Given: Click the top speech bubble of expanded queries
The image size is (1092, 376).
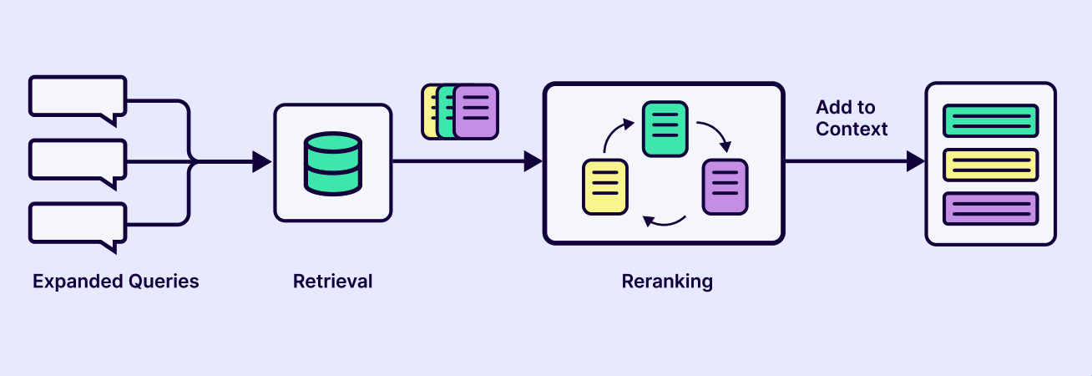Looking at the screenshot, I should coord(77,96).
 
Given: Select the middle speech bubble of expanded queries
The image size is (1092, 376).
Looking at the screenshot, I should coord(77,159).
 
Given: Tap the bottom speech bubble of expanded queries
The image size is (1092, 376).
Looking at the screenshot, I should coord(77,222).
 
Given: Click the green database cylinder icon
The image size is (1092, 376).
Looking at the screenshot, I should coord(332,163).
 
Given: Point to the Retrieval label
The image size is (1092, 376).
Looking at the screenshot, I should coord(332,282).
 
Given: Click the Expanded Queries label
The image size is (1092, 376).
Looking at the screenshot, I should coord(116,282).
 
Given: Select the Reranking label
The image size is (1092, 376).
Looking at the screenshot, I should coord(667,282).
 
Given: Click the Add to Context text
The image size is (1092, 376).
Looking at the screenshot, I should coord(852,119).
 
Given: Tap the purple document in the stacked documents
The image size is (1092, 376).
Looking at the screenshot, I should coord(477,111).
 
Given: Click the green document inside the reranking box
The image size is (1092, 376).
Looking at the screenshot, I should coord(665,128).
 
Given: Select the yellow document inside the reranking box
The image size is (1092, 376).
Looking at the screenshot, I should coord(604,186).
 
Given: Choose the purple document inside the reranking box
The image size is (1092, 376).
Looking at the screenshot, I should coord(725,186).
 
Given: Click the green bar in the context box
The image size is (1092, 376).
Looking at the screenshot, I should coord(990,121).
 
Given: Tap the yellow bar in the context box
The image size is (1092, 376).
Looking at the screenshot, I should coord(990,165).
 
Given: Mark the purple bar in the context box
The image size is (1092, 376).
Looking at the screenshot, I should coord(990,208).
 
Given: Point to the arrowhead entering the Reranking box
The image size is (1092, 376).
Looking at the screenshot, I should coord(533,162).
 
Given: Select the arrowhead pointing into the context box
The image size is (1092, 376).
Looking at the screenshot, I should coord(915,162).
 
